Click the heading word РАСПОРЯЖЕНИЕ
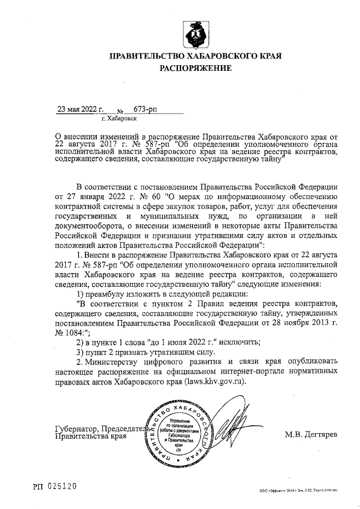tap(196, 68)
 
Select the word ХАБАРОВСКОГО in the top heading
tap(223, 56)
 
